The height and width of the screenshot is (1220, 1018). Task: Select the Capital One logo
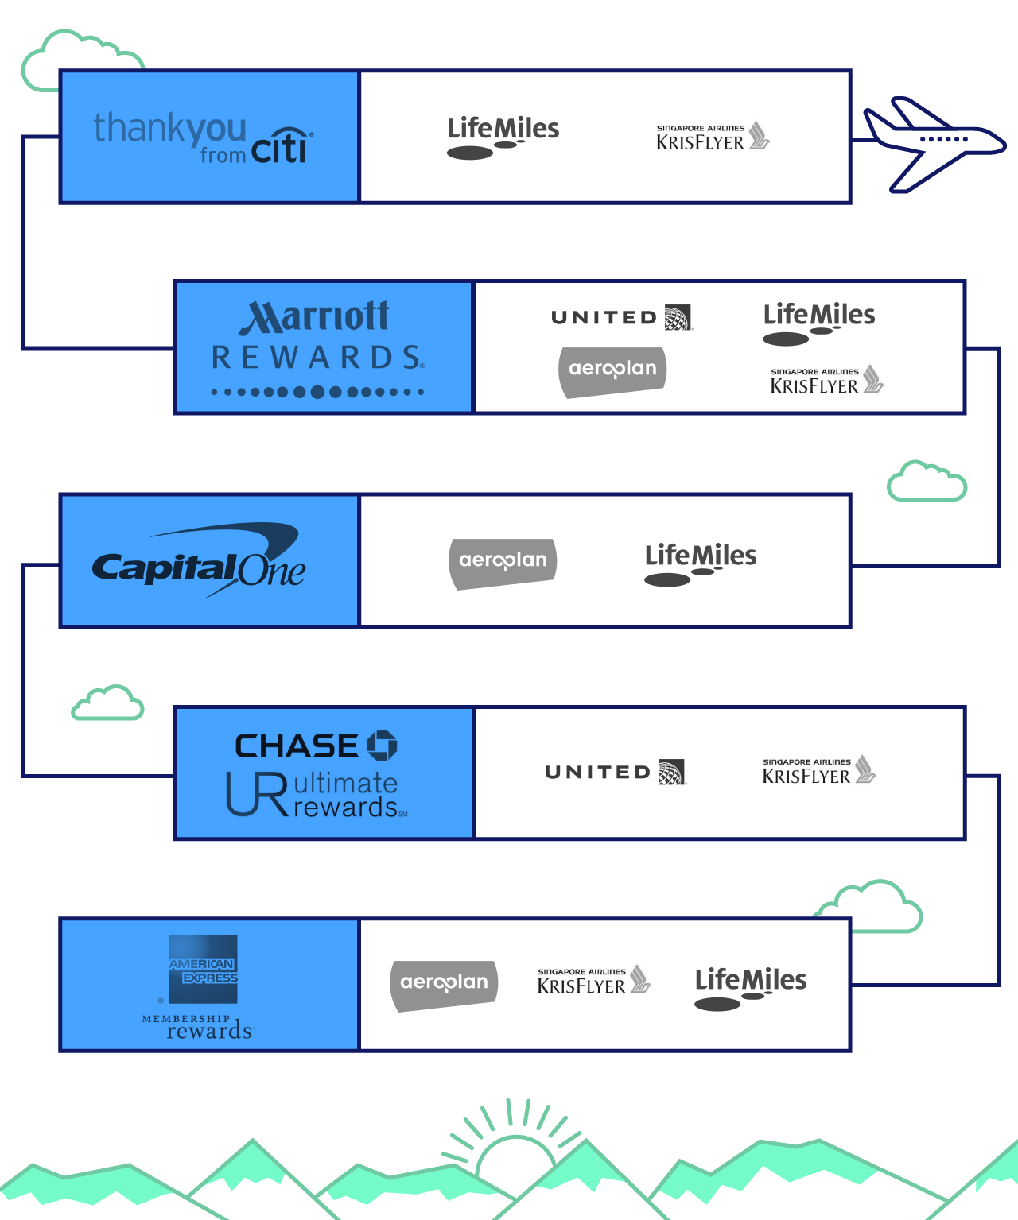click(199, 560)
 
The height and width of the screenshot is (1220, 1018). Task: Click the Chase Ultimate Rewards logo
click(317, 773)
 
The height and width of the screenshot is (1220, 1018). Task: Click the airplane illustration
click(931, 144)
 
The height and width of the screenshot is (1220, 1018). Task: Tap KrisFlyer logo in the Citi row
click(712, 137)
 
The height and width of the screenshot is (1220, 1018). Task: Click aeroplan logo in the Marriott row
click(612, 371)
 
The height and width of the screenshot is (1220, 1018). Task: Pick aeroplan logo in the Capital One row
click(503, 563)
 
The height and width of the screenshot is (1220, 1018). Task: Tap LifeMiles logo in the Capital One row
click(700, 563)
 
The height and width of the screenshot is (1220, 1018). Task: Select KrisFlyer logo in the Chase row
click(818, 770)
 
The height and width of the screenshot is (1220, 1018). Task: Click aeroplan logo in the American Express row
click(444, 985)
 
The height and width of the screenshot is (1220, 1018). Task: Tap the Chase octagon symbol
click(382, 746)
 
